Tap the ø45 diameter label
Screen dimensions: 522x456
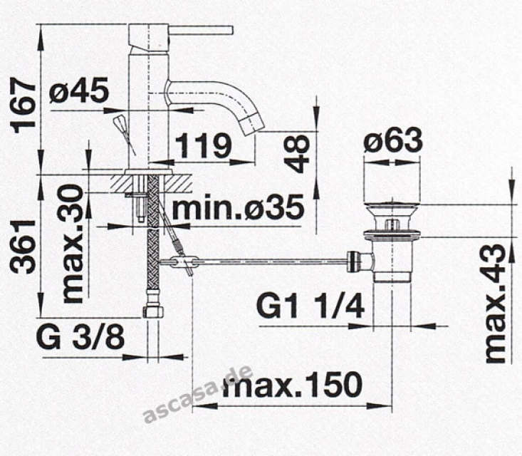click(x=79, y=90)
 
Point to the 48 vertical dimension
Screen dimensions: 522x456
click(x=297, y=154)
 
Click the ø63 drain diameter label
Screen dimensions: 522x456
click(x=393, y=140)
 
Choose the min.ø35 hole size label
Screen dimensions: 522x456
click(x=238, y=208)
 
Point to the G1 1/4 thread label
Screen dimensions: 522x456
click(x=310, y=306)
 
